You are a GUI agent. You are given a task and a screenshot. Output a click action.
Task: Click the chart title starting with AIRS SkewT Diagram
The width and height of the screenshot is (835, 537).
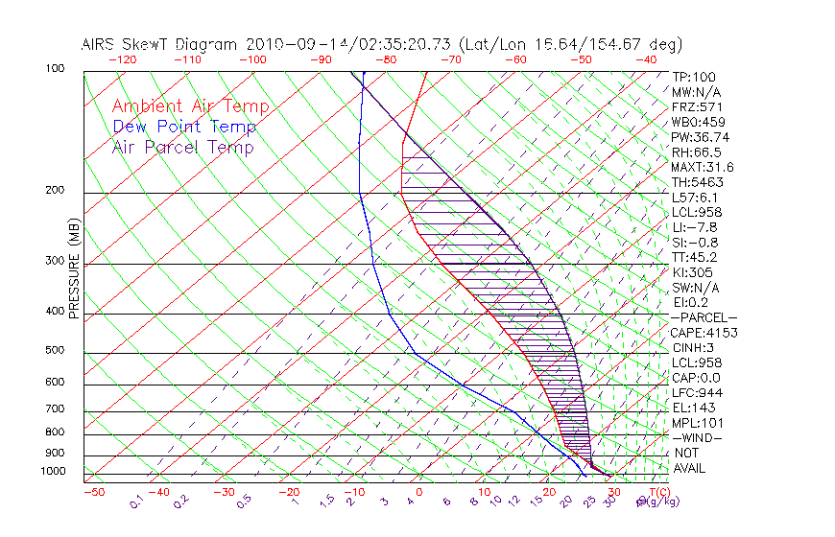pos(381,44)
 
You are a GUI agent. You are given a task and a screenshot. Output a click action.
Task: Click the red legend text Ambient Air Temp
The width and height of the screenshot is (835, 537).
pos(191,106)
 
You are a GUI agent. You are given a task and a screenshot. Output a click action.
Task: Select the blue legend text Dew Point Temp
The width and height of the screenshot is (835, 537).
pos(184,127)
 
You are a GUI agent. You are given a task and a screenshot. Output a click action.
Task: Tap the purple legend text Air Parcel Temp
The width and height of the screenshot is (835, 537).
pos(183,147)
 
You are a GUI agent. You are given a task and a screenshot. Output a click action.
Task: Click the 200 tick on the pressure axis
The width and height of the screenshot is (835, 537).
pos(55,191)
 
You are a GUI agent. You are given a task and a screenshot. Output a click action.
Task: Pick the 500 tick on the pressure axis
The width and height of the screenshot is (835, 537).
pos(55,351)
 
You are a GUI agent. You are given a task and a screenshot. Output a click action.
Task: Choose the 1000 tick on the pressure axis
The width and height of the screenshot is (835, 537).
pos(52,472)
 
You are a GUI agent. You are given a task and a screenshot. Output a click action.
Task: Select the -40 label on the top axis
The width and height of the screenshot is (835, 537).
pos(646,59)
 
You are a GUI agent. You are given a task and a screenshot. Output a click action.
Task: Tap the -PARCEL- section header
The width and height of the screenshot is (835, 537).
pos(704,317)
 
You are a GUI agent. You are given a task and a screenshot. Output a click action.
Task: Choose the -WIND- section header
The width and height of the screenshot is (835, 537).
pos(698,437)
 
